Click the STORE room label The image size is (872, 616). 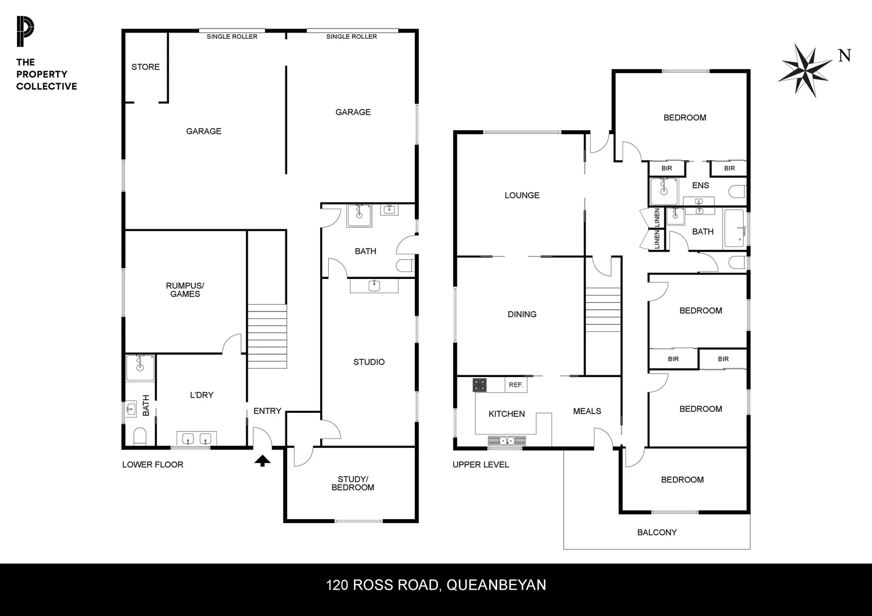tap(146, 67)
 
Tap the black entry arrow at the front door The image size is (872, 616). tap(262, 460)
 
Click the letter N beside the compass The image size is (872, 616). tap(845, 55)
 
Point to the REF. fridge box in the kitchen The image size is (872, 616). tap(516, 385)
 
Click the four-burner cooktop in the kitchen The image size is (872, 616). tap(479, 385)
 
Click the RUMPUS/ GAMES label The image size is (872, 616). tap(185, 290)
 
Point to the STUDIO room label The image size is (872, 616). tap(369, 362)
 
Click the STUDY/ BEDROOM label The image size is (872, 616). tap(353, 483)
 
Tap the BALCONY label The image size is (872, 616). tap(657, 532)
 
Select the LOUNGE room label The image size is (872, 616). tap(522, 195)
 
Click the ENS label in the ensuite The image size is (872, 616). tap(700, 185)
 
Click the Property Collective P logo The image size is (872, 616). tap(25, 32)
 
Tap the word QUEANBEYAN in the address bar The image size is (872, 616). tap(496, 585)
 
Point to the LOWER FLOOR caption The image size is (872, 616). tap(152, 464)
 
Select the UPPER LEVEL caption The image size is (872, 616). tap(481, 464)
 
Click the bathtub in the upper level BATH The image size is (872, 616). tap(734, 229)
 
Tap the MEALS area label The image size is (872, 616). tap(587, 411)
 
